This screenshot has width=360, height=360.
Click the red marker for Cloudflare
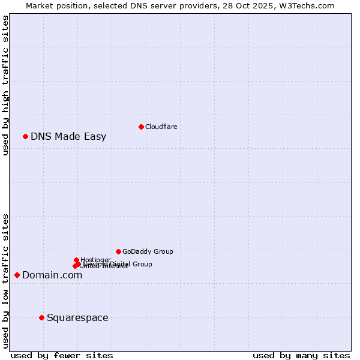point(141,127)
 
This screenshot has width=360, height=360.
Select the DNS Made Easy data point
point(25,136)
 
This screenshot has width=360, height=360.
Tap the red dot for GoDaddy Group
point(118,251)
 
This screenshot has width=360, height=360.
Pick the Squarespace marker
point(41,317)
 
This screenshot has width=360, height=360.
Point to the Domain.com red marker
point(17,275)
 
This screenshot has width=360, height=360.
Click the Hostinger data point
point(76,260)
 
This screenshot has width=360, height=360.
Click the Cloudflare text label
point(161,127)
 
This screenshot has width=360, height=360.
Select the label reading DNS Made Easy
point(68,136)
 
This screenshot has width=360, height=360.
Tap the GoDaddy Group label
point(148,251)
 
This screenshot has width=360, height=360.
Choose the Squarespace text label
point(77,317)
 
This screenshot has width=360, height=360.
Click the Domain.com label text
point(52,275)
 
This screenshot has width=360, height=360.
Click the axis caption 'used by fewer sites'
point(62,355)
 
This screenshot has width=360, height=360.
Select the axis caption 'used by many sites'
point(301,355)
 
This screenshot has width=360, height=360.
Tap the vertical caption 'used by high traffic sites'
point(5,85)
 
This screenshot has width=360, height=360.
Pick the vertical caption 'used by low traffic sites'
point(5,281)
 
